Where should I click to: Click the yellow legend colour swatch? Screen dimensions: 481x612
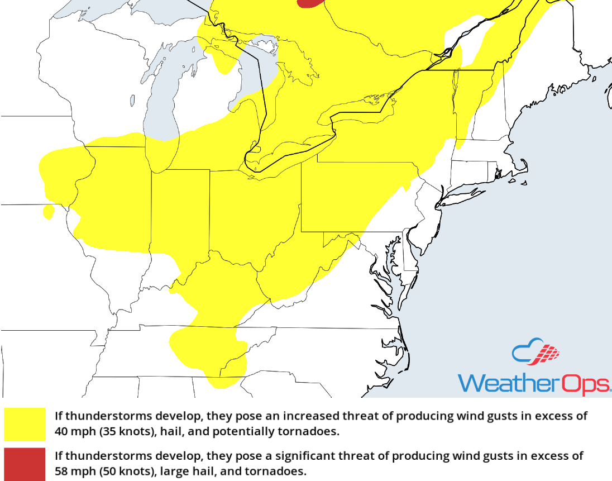25,424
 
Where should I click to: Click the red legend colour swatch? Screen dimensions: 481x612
25,464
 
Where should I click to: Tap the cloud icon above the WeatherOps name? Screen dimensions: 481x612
535,353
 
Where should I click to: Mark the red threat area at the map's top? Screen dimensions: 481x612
310,3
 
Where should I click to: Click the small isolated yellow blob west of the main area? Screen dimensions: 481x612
49,212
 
